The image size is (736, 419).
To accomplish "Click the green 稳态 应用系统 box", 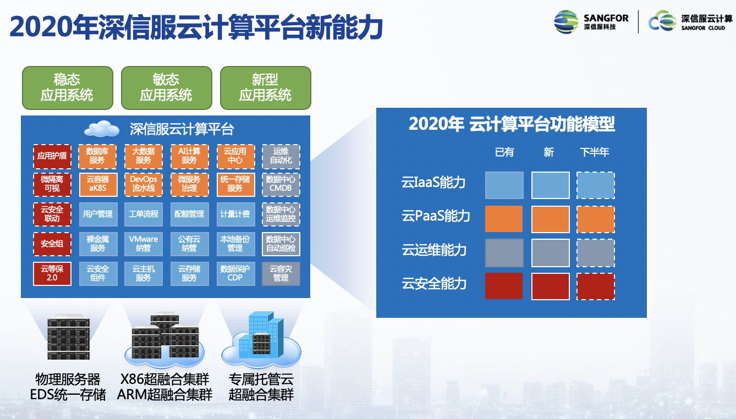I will coord(67,88).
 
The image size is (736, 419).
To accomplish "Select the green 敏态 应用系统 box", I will coord(166,88).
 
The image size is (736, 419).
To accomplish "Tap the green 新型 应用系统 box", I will coord(265,88).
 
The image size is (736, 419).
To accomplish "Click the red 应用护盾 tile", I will coord(52,156).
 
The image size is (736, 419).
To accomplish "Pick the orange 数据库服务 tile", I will coord(98,156).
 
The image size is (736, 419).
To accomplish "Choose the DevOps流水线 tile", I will coord(144,184).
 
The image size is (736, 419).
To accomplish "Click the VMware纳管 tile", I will coord(144,244).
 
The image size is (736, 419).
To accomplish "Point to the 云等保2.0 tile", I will coord(52,274).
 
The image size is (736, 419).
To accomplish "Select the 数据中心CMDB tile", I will coord(281,184).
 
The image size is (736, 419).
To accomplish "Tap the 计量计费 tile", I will coord(235,214).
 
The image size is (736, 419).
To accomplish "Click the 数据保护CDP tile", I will coord(235,274).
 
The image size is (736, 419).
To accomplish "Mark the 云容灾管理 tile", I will coord(281,274).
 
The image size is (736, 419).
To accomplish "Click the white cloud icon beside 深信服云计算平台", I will coord(102,129).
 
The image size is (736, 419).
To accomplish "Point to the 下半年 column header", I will coord(595,152).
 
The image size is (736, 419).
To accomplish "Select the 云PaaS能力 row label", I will coord(436,216).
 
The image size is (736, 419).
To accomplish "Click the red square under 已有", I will coord(504,286).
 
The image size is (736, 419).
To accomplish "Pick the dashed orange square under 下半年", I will coord(596,219).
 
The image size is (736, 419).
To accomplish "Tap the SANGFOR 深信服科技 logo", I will coord(591,21).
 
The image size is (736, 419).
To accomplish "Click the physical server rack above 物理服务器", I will coord(68,338).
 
